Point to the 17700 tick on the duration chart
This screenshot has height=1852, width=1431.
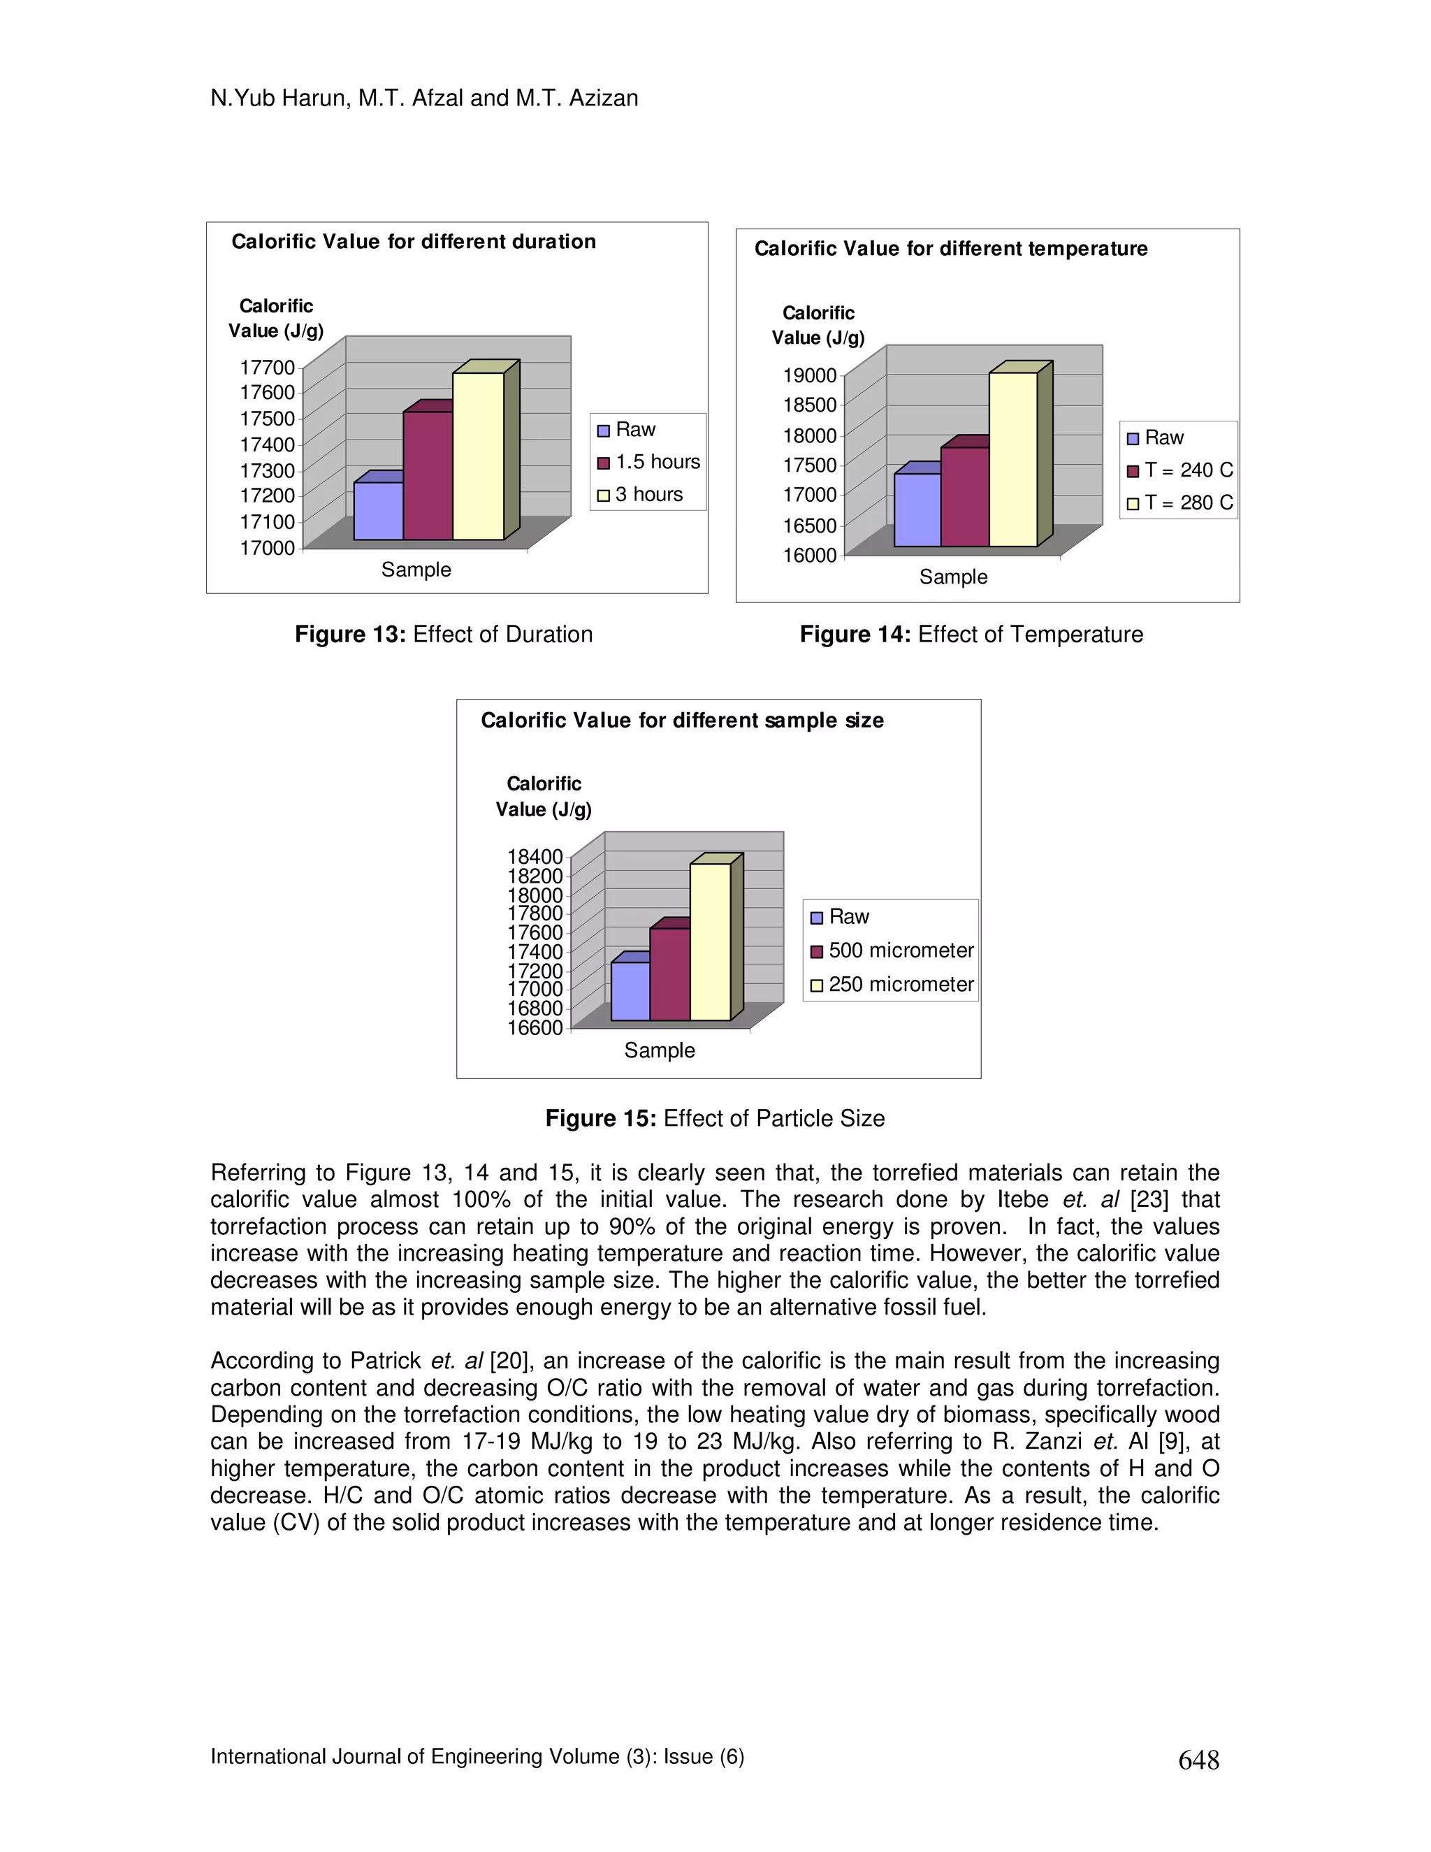pos(267,367)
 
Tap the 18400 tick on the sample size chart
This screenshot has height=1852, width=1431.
pos(535,857)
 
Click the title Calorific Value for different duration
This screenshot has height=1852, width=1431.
pos(414,242)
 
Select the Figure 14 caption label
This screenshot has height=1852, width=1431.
pos(855,635)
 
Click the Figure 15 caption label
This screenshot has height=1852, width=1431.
pos(600,1118)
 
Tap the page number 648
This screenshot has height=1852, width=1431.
pos(1198,1760)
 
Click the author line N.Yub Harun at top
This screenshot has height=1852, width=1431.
pos(424,99)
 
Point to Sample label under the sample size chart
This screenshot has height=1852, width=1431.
pos(660,1050)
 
